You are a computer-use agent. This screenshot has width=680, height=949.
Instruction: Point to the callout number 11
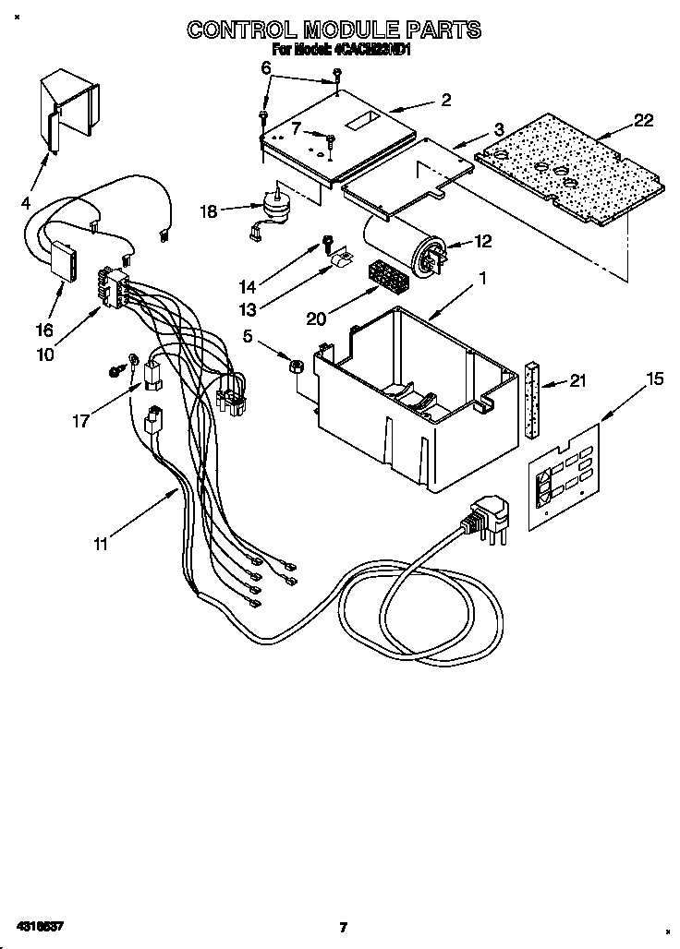tap(100, 544)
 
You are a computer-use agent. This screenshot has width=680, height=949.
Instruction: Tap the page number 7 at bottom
tap(342, 927)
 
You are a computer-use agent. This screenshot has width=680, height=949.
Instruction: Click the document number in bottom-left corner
tap(38, 926)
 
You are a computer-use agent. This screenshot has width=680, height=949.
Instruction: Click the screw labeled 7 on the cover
tap(330, 139)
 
